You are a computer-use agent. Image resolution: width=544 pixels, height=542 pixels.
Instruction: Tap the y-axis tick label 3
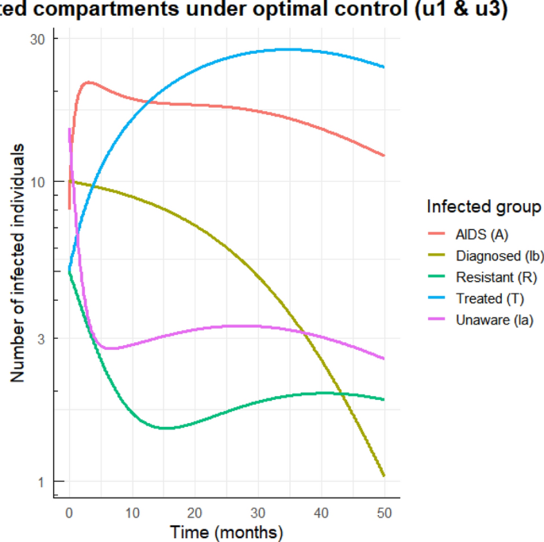42,338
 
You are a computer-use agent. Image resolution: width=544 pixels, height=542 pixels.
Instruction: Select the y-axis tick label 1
42,481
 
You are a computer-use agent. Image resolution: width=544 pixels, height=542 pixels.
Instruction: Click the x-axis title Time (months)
226,531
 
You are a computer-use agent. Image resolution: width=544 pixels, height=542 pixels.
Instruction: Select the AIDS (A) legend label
481,234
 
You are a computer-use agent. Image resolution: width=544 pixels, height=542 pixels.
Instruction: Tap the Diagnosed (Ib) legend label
500,256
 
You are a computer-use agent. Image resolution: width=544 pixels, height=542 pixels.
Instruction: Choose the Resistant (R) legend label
496,277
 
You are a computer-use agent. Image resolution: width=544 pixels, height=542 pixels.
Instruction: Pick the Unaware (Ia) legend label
494,320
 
